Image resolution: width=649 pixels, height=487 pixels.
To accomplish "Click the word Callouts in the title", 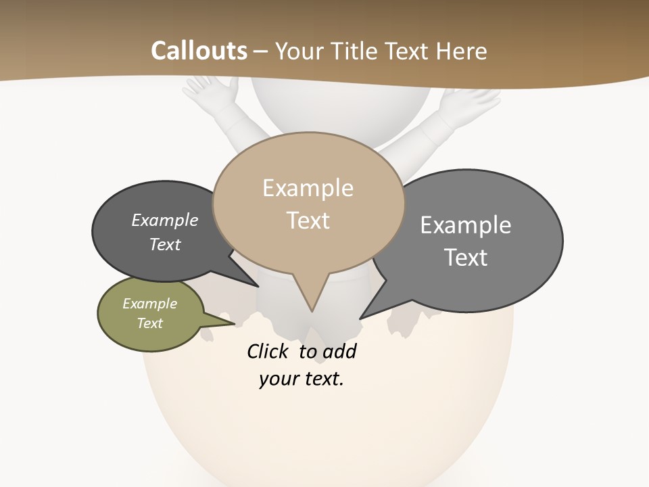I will [x=199, y=51].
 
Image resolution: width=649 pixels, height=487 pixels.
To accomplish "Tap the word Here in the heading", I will [x=462, y=51].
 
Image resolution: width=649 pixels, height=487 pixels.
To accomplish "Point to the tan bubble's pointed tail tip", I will [x=312, y=311].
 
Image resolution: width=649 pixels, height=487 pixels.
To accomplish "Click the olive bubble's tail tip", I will [x=235, y=323].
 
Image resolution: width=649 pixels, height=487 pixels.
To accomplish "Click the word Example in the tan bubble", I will [x=308, y=188].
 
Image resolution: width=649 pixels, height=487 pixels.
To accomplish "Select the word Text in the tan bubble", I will [x=308, y=221].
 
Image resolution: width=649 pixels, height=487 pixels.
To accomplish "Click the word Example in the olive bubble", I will [x=149, y=304].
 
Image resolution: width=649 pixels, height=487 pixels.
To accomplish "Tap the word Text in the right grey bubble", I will [x=466, y=258].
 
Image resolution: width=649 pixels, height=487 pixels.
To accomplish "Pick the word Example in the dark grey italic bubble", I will [x=164, y=220].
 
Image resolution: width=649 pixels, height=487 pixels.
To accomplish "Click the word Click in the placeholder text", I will [x=268, y=351].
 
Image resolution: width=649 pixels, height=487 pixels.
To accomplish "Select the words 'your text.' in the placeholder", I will [x=302, y=379].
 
